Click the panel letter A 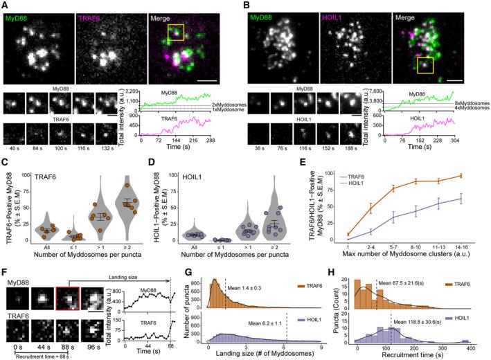click(5, 5)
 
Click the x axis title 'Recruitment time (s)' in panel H click(422, 354)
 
